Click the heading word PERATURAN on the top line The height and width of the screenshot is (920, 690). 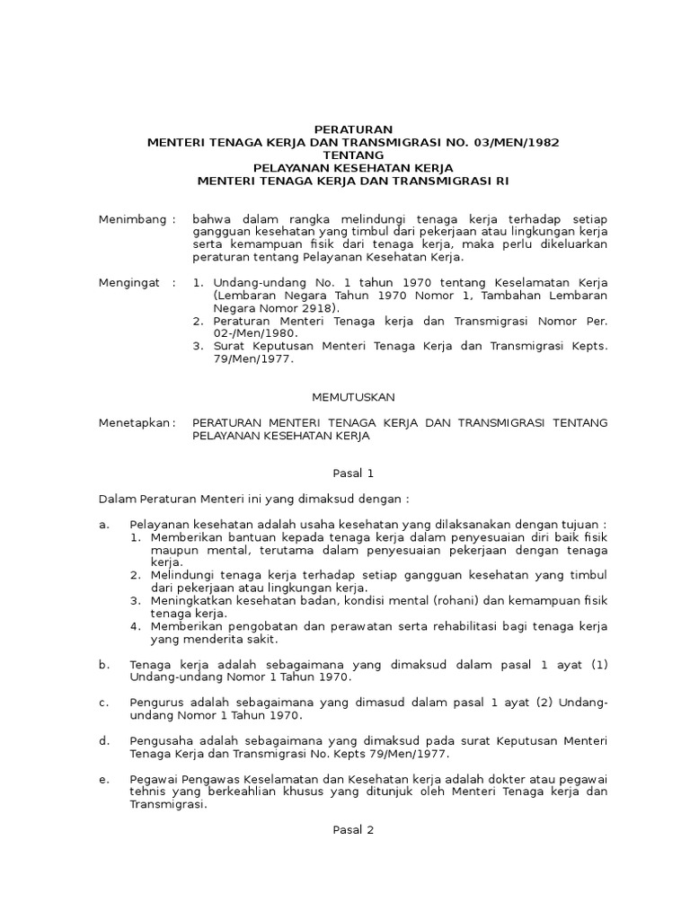[345, 129]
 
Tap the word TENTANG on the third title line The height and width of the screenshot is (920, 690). [345, 155]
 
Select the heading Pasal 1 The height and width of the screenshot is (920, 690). [345, 473]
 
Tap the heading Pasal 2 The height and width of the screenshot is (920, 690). [345, 830]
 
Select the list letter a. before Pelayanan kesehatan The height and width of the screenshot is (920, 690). [103, 524]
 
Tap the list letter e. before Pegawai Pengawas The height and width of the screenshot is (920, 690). [103, 780]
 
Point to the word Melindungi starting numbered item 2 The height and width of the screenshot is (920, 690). [185, 575]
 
